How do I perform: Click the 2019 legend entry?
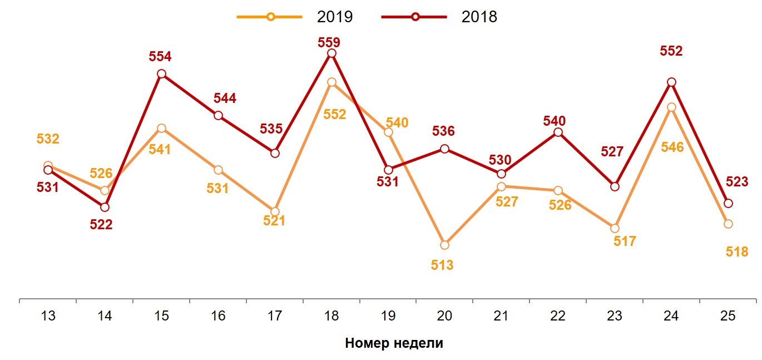click(x=295, y=17)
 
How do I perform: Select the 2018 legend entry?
click(x=439, y=17)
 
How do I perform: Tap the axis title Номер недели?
click(x=394, y=343)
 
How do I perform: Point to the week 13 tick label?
click(x=48, y=316)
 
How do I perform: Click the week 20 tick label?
click(x=444, y=316)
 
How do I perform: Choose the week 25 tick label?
click(x=728, y=316)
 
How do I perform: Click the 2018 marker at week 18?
click(x=331, y=53)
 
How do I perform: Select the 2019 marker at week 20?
click(x=444, y=245)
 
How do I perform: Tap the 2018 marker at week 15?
click(x=161, y=73)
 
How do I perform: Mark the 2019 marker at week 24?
click(x=671, y=107)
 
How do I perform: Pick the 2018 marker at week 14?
click(x=105, y=207)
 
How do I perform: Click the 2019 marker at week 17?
click(x=275, y=211)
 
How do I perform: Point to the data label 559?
click(x=329, y=42)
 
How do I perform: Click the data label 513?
click(x=442, y=265)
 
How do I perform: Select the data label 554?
click(x=160, y=56)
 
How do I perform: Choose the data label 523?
click(x=737, y=182)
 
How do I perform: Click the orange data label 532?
click(x=48, y=139)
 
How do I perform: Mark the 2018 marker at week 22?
click(x=558, y=132)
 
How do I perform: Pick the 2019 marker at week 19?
click(x=388, y=132)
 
